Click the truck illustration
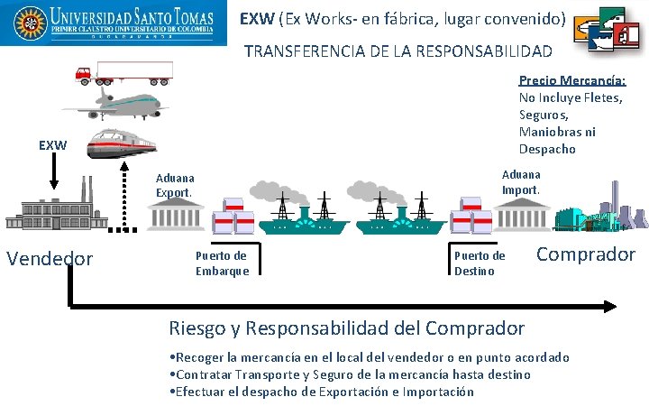pyautogui.click(x=123, y=72)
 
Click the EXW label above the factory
pyautogui.click(x=52, y=145)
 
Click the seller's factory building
pyautogui.click(x=59, y=209)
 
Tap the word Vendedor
pyautogui.click(x=50, y=259)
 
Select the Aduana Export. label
pyautogui.click(x=175, y=186)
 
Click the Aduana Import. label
pyautogui.click(x=521, y=182)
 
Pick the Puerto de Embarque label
pyautogui.click(x=221, y=263)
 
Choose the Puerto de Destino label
pyautogui.click(x=480, y=263)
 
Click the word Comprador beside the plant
pyautogui.click(x=586, y=254)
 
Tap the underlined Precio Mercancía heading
pyautogui.click(x=572, y=80)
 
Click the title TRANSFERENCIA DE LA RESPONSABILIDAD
pyautogui.click(x=398, y=51)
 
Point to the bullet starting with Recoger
pyautogui.click(x=370, y=357)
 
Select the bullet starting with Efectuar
pyautogui.click(x=322, y=392)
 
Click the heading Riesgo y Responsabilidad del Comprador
pyautogui.click(x=347, y=328)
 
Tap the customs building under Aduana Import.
pyautogui.click(x=521, y=214)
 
